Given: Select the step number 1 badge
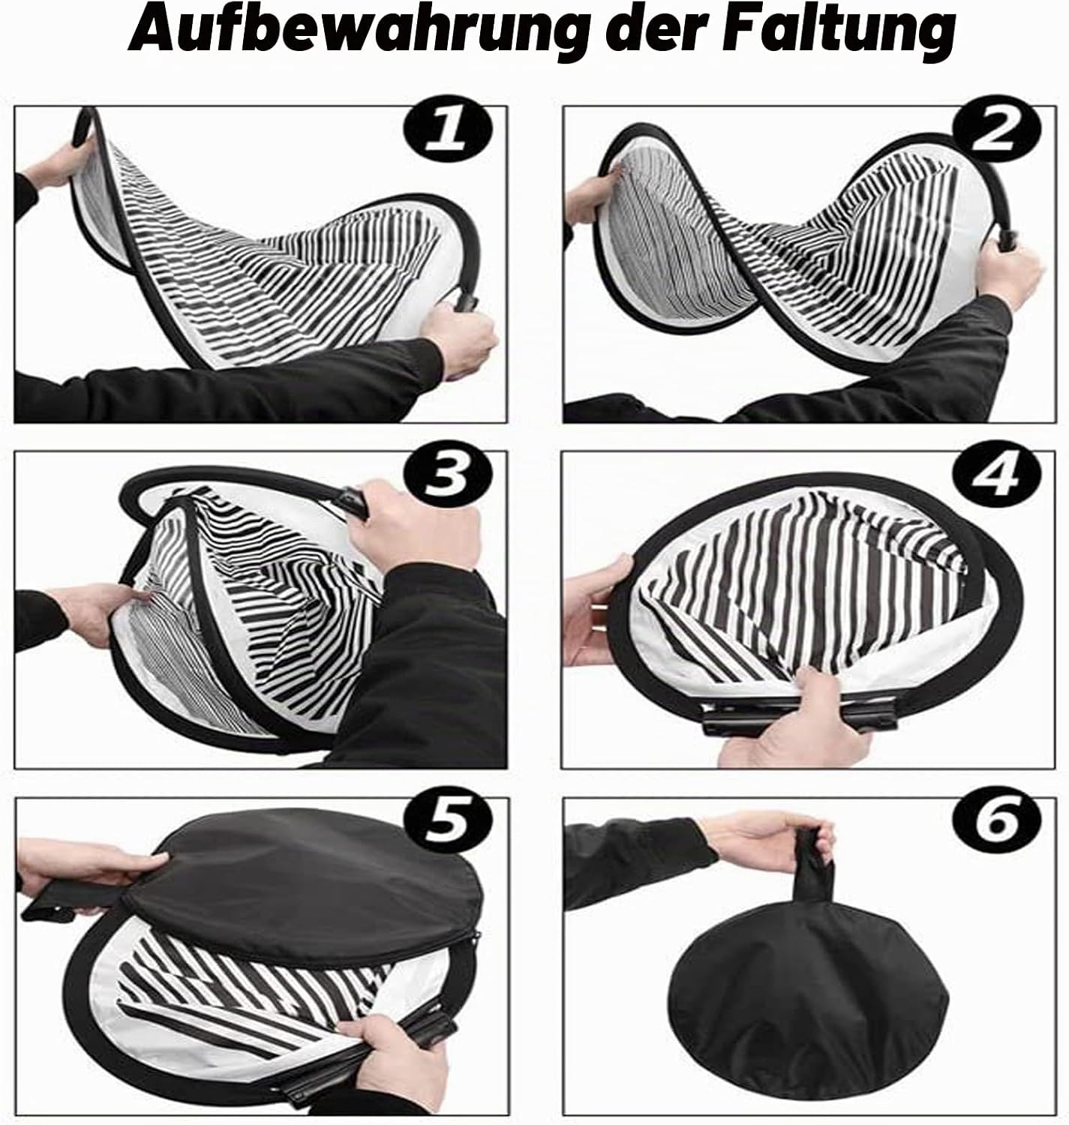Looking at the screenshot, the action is (x=448, y=130).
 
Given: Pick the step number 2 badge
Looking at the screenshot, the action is (x=996, y=129).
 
